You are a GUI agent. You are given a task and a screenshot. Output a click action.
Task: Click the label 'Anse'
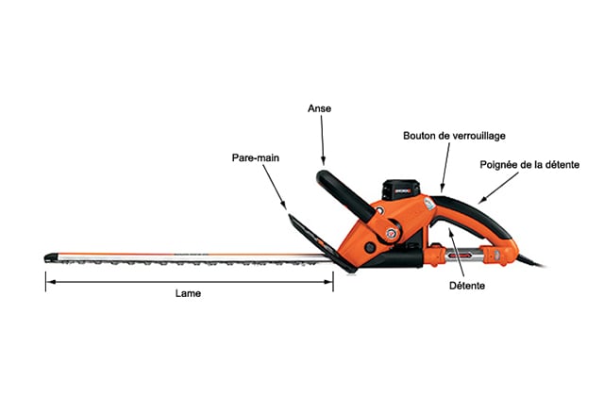(319, 108)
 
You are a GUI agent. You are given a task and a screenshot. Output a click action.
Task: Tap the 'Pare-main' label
(256, 157)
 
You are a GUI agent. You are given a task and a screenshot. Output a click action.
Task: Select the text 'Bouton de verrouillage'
(454, 136)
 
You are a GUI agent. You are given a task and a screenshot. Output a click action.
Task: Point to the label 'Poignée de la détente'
(529, 165)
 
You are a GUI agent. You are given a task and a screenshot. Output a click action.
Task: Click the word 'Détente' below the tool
(467, 286)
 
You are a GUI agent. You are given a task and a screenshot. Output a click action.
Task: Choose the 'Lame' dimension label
(188, 293)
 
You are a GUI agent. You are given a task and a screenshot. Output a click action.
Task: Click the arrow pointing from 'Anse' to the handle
(323, 140)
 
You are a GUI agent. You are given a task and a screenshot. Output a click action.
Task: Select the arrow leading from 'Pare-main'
(275, 187)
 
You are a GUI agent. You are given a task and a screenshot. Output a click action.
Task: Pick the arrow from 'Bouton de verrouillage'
(445, 168)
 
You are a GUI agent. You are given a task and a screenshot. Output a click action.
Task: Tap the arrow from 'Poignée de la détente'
(498, 188)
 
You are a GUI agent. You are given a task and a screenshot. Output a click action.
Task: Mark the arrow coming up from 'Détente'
(456, 253)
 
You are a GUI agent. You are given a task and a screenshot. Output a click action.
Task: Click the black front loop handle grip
(345, 196)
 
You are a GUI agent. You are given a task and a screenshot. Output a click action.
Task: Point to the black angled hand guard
(321, 243)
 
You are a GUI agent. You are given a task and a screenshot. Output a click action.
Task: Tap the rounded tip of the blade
(48, 257)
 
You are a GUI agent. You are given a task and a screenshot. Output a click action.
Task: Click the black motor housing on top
(400, 190)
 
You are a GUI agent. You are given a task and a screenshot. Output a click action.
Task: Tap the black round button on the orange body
(370, 247)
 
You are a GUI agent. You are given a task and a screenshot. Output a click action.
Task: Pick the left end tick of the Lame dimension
(46, 282)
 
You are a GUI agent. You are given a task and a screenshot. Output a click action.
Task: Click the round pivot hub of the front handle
(392, 233)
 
